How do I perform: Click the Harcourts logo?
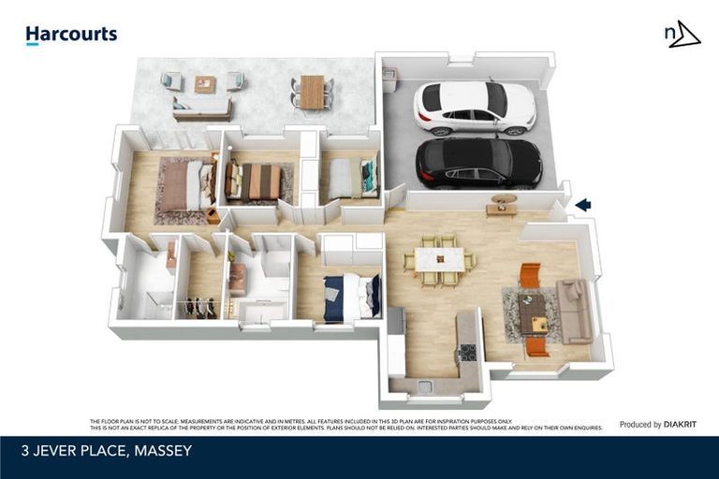point(71,36)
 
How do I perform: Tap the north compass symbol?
point(682,36)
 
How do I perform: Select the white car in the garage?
point(475,107)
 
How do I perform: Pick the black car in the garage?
point(478,163)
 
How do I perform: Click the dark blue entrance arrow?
point(582,205)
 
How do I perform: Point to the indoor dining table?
point(439,259)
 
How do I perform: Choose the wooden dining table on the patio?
point(312,91)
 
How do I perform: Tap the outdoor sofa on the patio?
point(202,109)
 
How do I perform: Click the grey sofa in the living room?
point(574,311)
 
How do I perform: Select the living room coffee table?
point(533,312)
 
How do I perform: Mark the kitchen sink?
point(425,385)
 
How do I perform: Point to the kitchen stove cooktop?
point(466,353)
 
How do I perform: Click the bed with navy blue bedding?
point(351,297)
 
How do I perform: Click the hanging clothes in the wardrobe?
point(200,307)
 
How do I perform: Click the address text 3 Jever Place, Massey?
point(107,451)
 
